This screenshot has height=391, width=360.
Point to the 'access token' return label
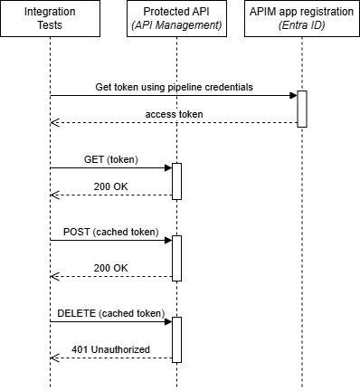[x=175, y=114]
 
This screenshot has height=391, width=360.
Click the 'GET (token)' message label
[x=112, y=159]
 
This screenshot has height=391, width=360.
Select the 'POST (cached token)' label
[x=111, y=232]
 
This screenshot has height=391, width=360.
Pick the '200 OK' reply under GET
[x=112, y=186]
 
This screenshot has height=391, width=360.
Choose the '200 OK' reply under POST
[x=112, y=268]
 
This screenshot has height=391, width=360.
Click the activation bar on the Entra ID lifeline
[x=302, y=109]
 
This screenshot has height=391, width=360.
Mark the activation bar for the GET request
[x=176, y=181]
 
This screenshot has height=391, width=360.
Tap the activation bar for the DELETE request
[x=176, y=339]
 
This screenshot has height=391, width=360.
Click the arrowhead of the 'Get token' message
[x=293, y=95]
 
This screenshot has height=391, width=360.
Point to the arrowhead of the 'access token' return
[x=54, y=122]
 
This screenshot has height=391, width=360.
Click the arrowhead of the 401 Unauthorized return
[x=54, y=358]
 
